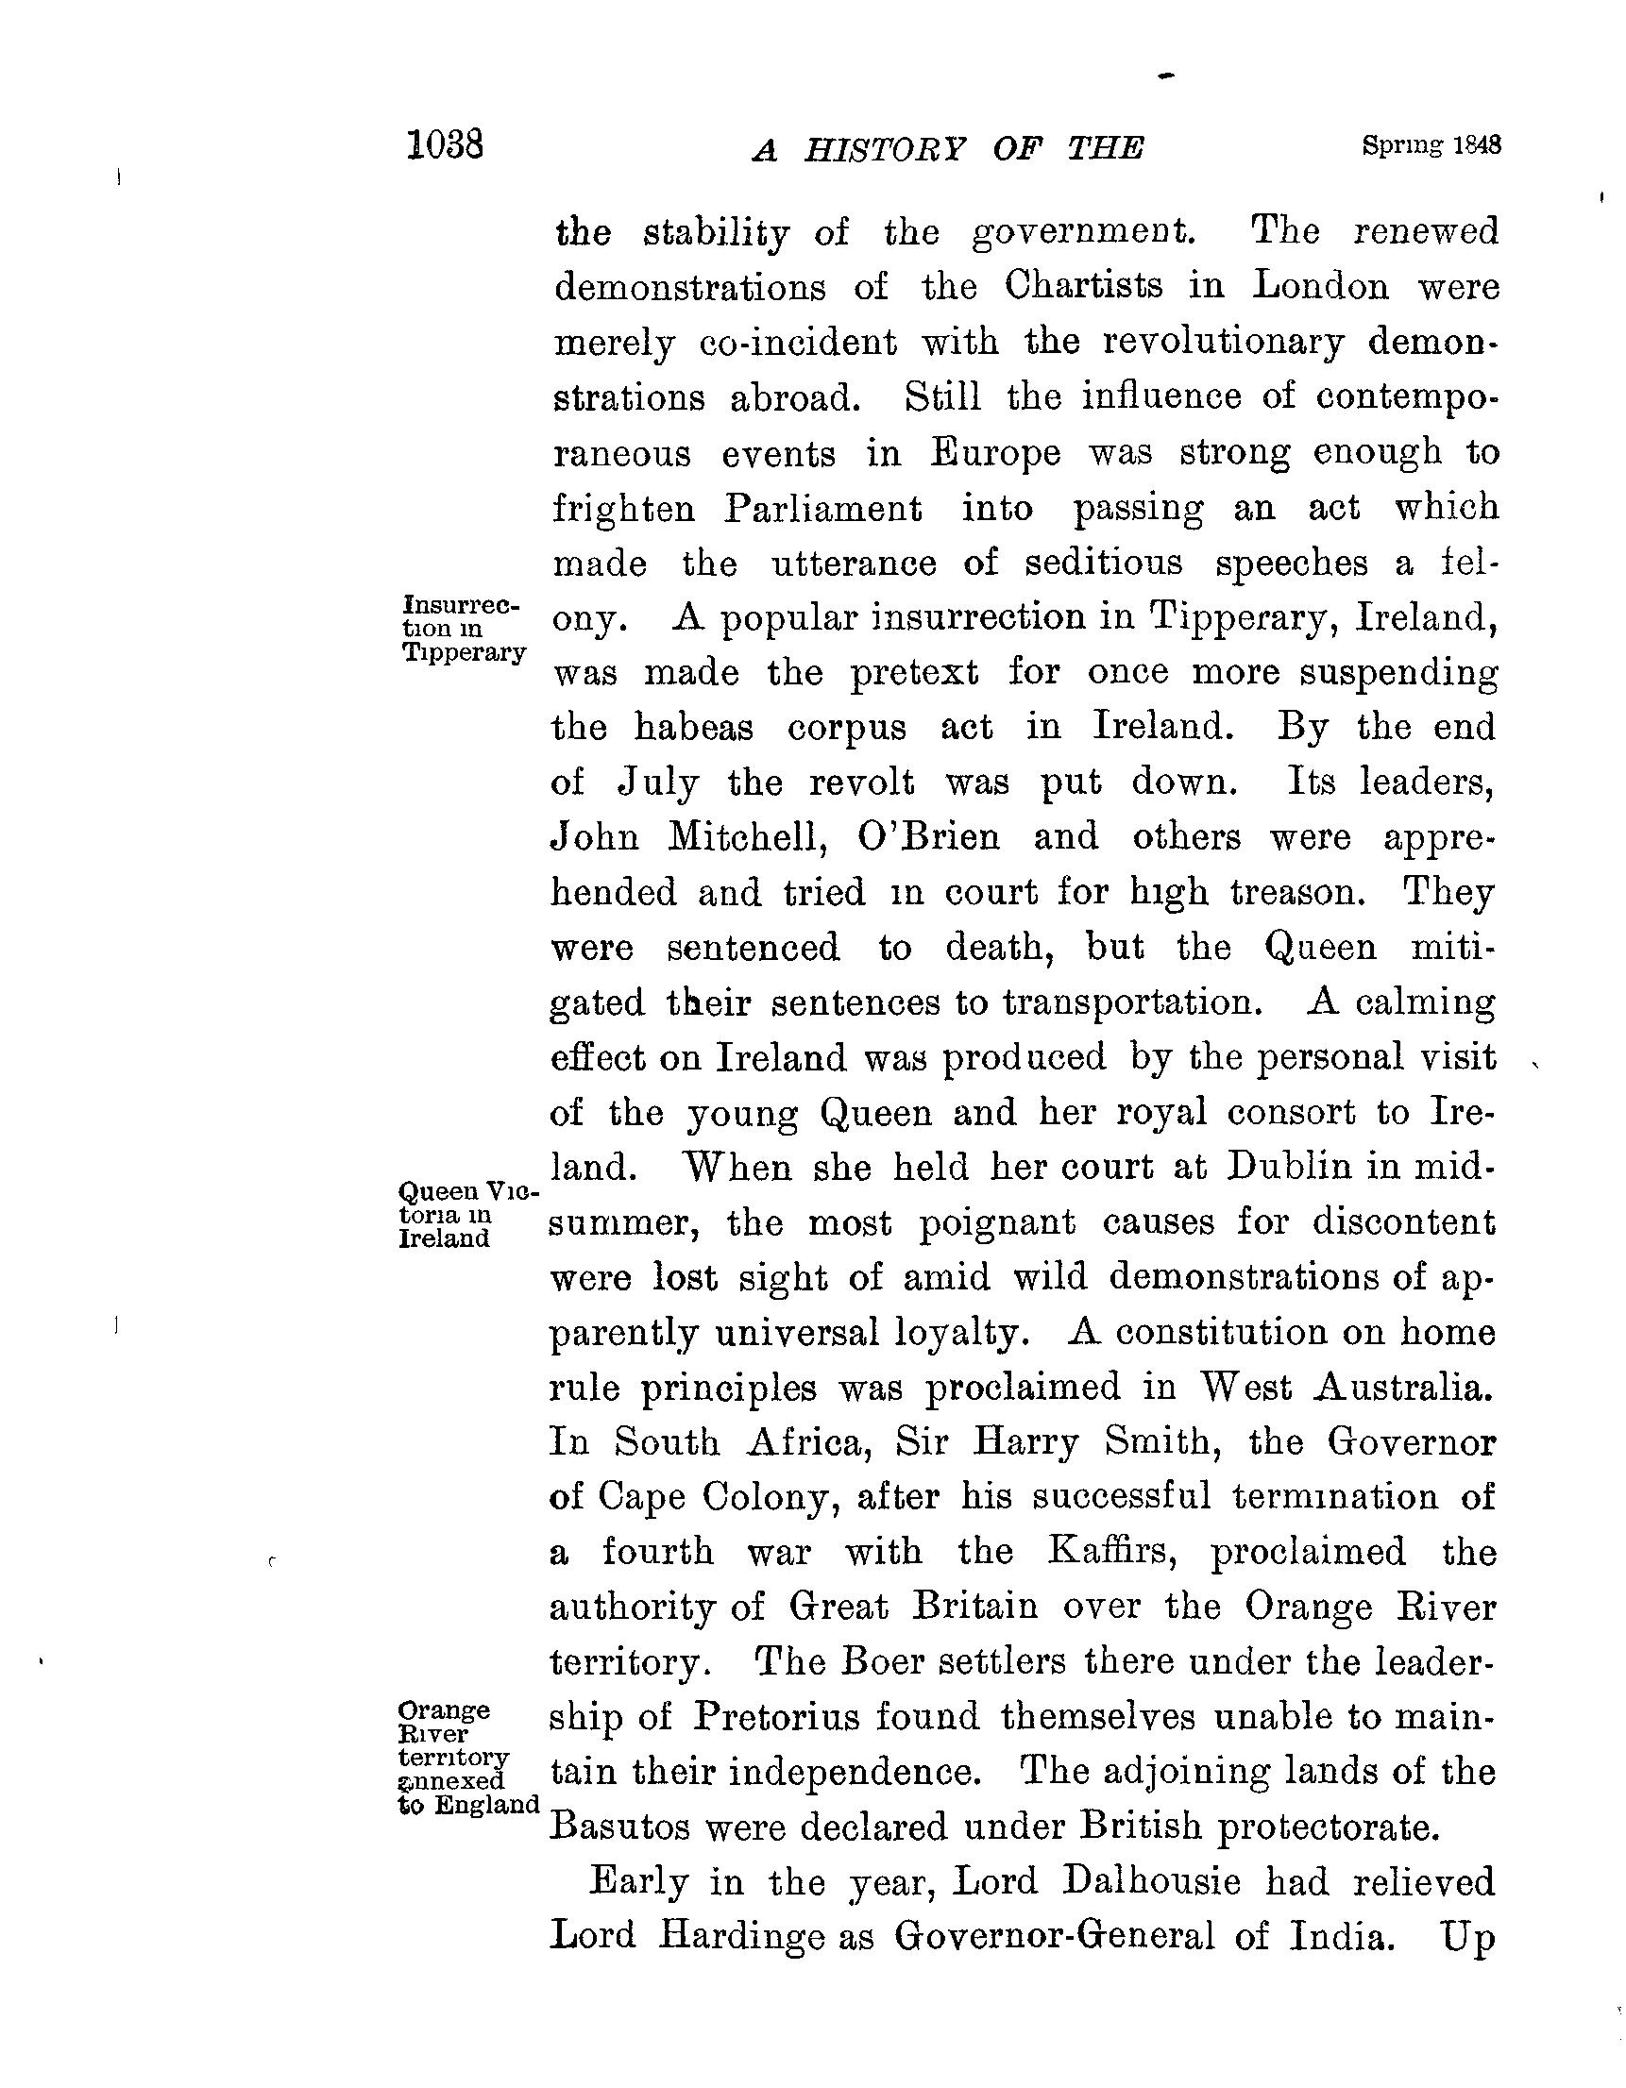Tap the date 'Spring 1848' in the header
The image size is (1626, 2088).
pyautogui.click(x=1431, y=145)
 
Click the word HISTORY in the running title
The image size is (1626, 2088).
pyautogui.click(x=885, y=149)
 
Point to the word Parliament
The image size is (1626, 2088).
pyautogui.click(x=822, y=508)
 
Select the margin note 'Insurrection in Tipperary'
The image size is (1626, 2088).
pyautogui.click(x=463, y=628)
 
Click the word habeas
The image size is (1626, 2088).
pyautogui.click(x=693, y=728)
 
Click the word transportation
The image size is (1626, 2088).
pyautogui.click(x=1127, y=1002)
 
